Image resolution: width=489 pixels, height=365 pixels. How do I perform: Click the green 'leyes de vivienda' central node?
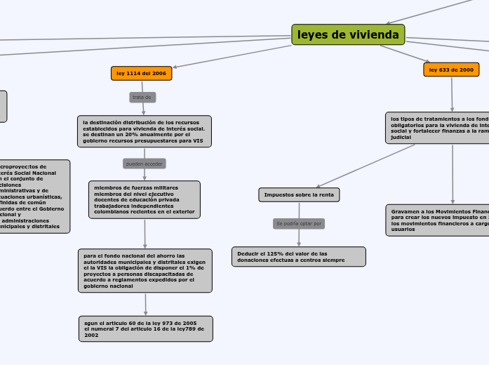tap(348, 34)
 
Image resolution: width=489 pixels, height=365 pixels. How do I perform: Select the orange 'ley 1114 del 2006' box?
tap(141, 73)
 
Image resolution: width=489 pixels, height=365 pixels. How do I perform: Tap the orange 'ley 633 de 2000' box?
tap(451, 69)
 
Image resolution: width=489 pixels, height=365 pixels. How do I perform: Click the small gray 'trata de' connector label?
tap(142, 97)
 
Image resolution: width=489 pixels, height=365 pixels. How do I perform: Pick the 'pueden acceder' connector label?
tap(144, 164)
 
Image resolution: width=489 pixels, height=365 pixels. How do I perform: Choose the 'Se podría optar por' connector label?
tap(299, 223)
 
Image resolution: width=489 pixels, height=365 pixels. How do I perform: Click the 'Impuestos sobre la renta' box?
tap(299, 194)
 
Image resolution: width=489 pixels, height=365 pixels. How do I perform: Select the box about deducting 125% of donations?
tap(298, 256)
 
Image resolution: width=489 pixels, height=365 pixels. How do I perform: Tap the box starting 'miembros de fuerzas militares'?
tap(144, 200)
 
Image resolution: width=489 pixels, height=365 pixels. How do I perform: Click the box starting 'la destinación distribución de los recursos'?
tap(144, 131)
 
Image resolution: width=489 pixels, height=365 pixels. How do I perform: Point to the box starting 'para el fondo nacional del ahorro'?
tap(145, 270)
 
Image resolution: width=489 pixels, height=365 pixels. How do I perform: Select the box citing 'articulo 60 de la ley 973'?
tap(145, 328)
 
